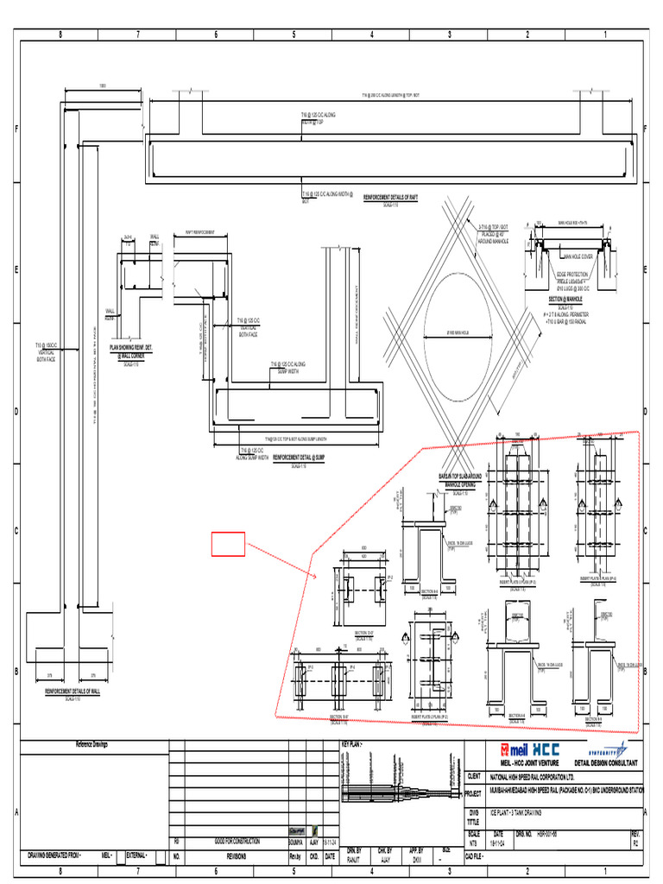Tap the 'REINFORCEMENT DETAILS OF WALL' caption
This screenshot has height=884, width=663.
[x=73, y=691]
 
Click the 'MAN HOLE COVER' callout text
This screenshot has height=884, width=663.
[x=580, y=256]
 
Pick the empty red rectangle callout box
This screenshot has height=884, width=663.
[x=229, y=545]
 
